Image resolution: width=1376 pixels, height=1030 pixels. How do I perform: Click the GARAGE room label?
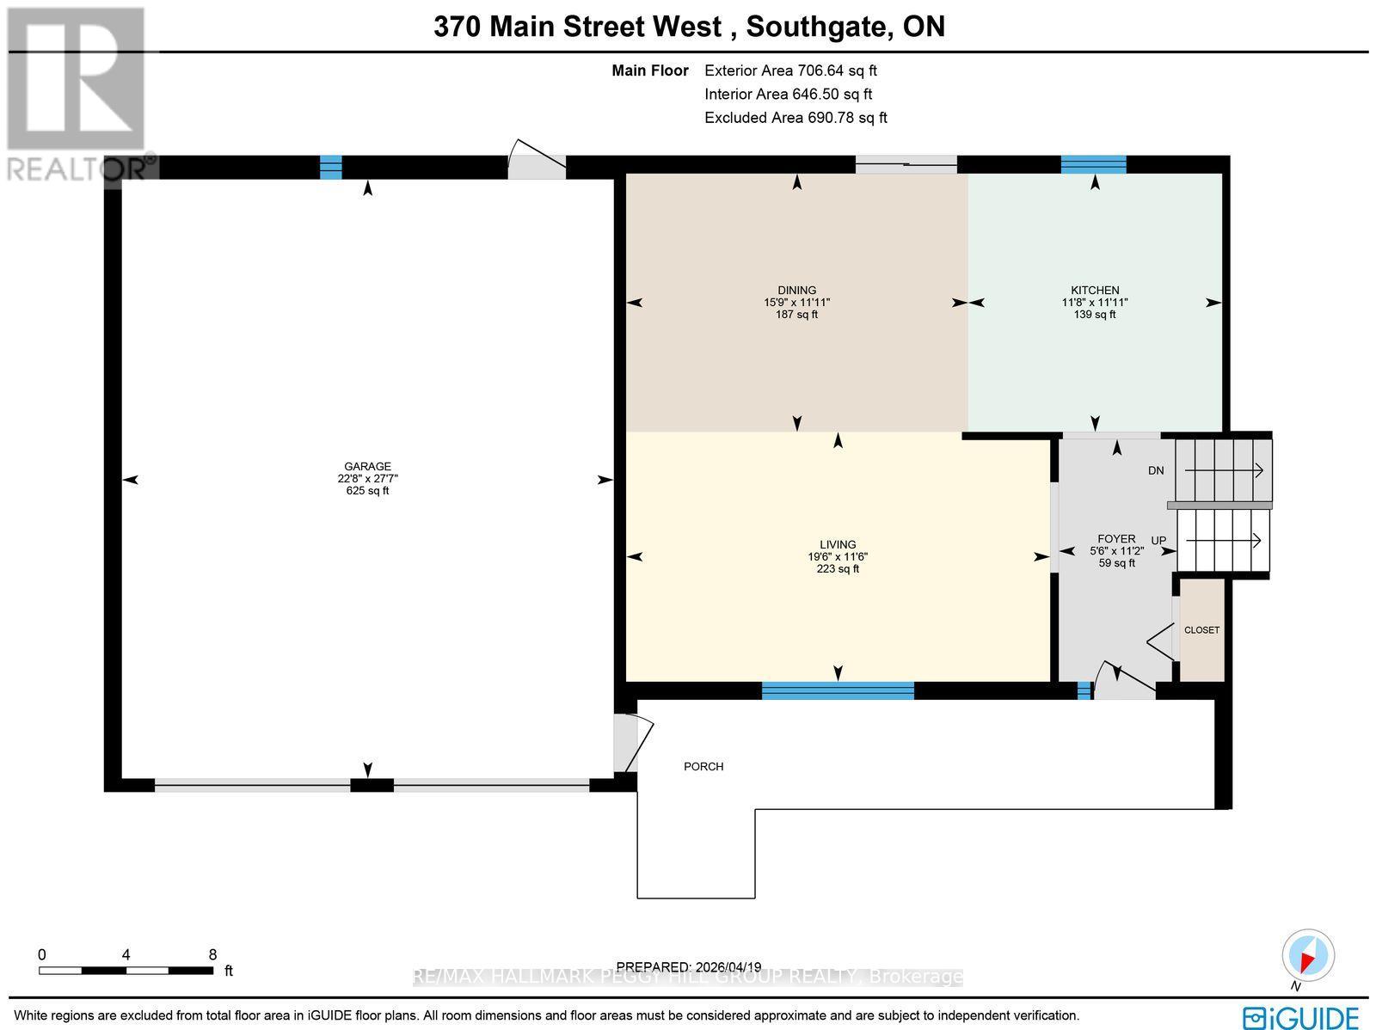[367, 467]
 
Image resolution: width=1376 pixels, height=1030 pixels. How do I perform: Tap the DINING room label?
[796, 291]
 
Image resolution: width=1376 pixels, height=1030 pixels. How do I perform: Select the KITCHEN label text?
[1094, 291]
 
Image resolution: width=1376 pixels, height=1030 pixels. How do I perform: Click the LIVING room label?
[838, 544]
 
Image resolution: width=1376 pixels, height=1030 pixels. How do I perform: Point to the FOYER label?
[1116, 539]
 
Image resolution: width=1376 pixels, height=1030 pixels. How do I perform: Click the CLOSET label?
[1201, 630]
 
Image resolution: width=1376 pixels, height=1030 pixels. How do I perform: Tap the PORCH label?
[703, 766]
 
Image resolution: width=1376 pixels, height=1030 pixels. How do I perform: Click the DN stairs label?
[1156, 470]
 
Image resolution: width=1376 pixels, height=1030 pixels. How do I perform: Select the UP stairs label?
[1158, 541]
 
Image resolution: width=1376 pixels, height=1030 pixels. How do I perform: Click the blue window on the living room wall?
[838, 690]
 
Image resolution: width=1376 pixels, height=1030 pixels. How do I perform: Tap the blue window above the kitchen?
[1093, 164]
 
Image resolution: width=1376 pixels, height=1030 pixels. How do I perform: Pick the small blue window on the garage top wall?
[330, 167]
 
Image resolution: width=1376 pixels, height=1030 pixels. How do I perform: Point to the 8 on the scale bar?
[212, 954]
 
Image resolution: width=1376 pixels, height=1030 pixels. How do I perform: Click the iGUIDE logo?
[1300, 1017]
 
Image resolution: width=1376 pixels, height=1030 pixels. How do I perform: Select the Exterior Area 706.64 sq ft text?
[790, 71]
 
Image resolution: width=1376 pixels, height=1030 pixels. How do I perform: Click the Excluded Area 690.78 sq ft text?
[795, 118]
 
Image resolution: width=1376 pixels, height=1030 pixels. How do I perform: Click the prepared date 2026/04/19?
[689, 966]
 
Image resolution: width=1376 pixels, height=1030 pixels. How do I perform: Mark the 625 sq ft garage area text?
[367, 491]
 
